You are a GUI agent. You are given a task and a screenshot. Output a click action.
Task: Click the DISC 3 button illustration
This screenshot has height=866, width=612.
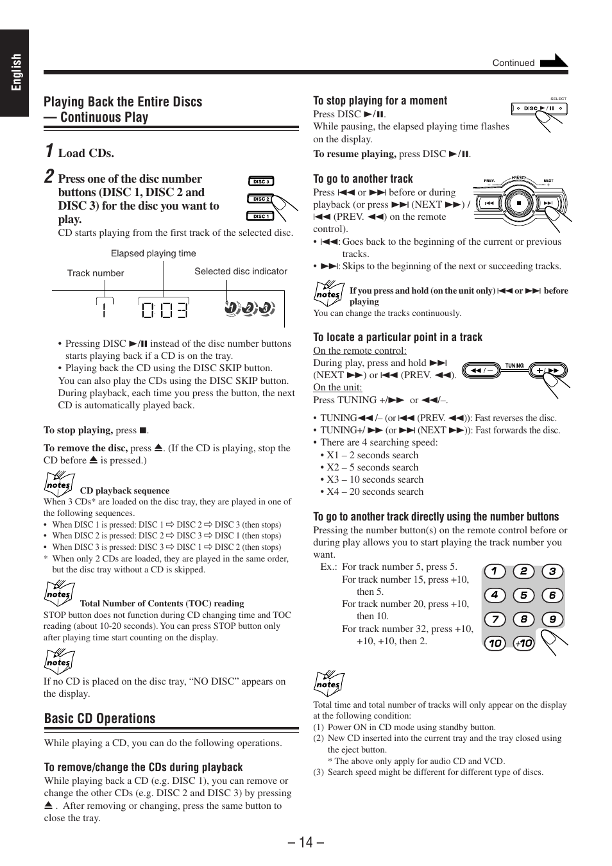pos(260,181)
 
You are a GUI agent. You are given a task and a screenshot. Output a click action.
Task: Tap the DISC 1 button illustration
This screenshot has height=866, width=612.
pos(260,216)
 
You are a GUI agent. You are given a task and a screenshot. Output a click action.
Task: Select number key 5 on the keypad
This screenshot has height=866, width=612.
pos(523,595)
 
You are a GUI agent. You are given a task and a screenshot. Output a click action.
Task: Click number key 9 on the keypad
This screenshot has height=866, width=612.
pos(552,619)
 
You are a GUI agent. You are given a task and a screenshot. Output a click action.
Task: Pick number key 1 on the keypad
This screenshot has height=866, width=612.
pos(495,571)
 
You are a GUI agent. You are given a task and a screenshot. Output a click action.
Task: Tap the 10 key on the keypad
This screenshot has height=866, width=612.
pos(495,643)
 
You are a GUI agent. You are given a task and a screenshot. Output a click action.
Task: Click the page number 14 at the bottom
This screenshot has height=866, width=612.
pos(306,842)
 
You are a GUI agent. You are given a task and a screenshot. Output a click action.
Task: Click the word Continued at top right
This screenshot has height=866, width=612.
pos(513,63)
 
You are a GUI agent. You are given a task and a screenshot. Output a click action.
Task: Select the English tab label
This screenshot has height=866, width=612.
pos(15,72)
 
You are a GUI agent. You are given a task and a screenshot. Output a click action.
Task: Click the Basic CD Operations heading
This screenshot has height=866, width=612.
pos(100,719)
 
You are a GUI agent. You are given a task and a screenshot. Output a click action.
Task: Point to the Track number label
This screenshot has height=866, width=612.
pos(96,273)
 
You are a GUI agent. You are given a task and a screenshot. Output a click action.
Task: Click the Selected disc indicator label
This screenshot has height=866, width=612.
pos(241,271)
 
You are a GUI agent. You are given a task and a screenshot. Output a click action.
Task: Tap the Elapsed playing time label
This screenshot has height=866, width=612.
pos(153,253)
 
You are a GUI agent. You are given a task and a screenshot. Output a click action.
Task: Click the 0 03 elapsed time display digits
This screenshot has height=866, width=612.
pos(164,310)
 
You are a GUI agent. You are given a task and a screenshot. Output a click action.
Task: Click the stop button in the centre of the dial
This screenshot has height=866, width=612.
pos(518,203)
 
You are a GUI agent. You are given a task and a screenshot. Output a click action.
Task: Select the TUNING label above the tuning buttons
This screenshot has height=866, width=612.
pos(514,365)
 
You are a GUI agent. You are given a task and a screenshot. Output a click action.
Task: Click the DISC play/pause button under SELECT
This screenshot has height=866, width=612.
pos(539,108)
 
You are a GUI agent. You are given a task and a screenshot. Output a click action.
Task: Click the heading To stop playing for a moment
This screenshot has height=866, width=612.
pos(380,101)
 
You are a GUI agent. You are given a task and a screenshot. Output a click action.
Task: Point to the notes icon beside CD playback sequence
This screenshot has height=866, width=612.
pos(59,484)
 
